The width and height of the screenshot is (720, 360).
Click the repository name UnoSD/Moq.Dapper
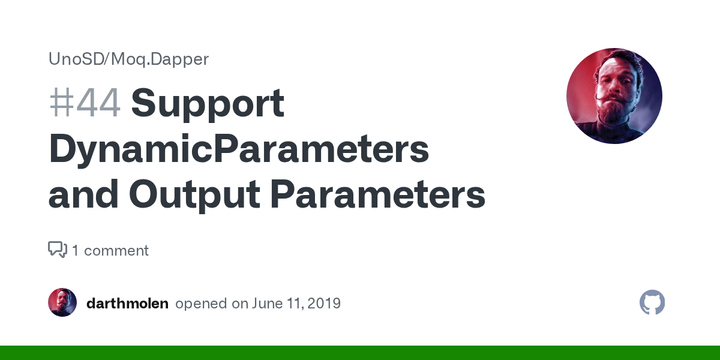(128, 59)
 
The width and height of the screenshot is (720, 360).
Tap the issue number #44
(85, 103)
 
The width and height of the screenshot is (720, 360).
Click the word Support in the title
(208, 103)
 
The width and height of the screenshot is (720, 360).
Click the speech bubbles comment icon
(57, 250)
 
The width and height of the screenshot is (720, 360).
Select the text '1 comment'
(110, 250)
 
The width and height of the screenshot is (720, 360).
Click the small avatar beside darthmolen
(62, 303)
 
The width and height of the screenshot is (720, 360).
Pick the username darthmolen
(127, 304)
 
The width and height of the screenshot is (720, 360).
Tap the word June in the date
(267, 304)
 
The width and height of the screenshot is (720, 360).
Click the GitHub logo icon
(652, 303)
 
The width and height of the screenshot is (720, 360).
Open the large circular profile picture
(614, 96)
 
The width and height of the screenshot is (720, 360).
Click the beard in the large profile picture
(613, 114)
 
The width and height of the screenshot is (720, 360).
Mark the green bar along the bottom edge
(360, 353)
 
